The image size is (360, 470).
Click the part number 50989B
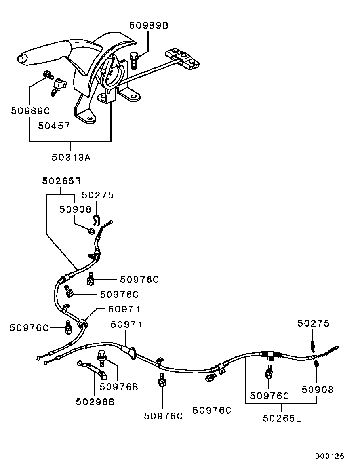click(x=149, y=25)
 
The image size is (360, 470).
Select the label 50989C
click(x=30, y=111)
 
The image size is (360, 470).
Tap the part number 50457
click(x=54, y=126)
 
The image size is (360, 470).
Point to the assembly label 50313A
click(x=71, y=157)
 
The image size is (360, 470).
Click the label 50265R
click(x=61, y=181)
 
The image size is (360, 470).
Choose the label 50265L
click(x=282, y=418)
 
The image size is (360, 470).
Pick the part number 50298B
click(x=95, y=401)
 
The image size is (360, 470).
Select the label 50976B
click(x=119, y=387)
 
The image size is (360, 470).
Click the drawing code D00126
click(x=330, y=456)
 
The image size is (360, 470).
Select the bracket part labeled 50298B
click(x=92, y=368)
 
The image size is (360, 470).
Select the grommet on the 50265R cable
click(x=82, y=324)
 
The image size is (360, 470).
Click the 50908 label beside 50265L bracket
click(x=318, y=389)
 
